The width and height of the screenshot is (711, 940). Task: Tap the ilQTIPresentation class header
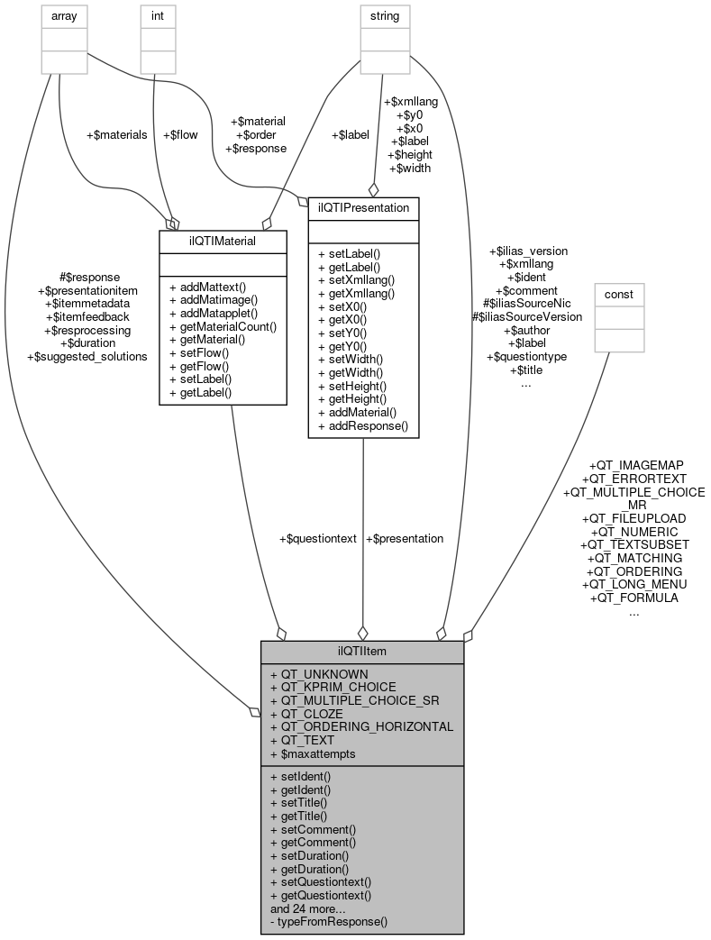(x=362, y=208)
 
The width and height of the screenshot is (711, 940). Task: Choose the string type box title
(x=385, y=15)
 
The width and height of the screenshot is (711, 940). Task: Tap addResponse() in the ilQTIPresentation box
(x=363, y=424)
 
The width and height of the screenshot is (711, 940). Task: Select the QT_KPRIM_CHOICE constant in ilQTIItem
(x=333, y=687)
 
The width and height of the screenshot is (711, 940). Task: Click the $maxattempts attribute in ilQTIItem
(x=318, y=753)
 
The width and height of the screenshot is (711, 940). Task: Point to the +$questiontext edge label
(x=318, y=538)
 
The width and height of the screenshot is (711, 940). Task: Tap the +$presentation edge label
(x=405, y=538)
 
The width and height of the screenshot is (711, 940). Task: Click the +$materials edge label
(x=116, y=134)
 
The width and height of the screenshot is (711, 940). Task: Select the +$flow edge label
(x=179, y=134)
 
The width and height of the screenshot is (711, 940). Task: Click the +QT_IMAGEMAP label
(x=634, y=465)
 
